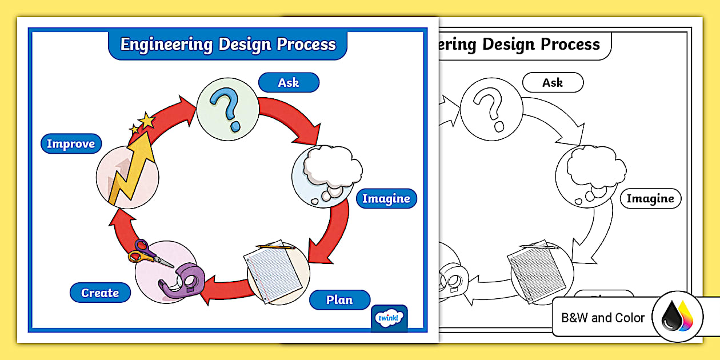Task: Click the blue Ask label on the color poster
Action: pos(289,83)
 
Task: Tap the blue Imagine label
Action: pos(386,199)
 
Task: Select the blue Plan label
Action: pos(339,300)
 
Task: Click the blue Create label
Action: pos(100,293)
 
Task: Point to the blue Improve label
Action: pos(71,144)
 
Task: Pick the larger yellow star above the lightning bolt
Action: pos(147,121)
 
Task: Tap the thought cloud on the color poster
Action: pos(331,167)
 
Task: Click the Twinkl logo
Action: pos(390,318)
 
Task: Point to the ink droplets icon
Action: pos(677,317)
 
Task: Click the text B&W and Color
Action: pos(603,318)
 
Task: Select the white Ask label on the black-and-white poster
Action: pos(553,83)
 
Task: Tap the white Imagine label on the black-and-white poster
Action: pos(650,199)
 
